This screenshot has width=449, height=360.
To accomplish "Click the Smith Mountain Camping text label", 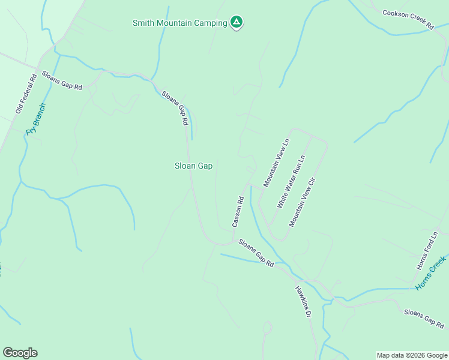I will pos(179,23).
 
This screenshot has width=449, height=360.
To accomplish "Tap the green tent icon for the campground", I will pos(237,23).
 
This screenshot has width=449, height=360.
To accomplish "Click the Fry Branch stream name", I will pos(35,119).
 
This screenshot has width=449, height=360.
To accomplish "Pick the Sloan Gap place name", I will pos(193,166).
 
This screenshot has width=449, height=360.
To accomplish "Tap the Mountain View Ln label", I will pos(276,164).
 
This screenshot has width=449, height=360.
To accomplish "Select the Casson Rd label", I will pos(238,211).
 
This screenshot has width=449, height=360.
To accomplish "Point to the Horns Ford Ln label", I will pos(428,250).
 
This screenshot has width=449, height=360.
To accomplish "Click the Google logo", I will pos(20,353).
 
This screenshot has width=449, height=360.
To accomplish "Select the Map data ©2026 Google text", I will pos(412,355).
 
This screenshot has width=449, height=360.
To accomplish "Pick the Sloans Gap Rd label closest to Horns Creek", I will pos(423,319).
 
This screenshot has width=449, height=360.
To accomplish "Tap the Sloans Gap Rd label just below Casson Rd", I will pos(256,253).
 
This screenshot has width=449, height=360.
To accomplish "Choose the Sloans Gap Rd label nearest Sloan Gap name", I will pos(175,108).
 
